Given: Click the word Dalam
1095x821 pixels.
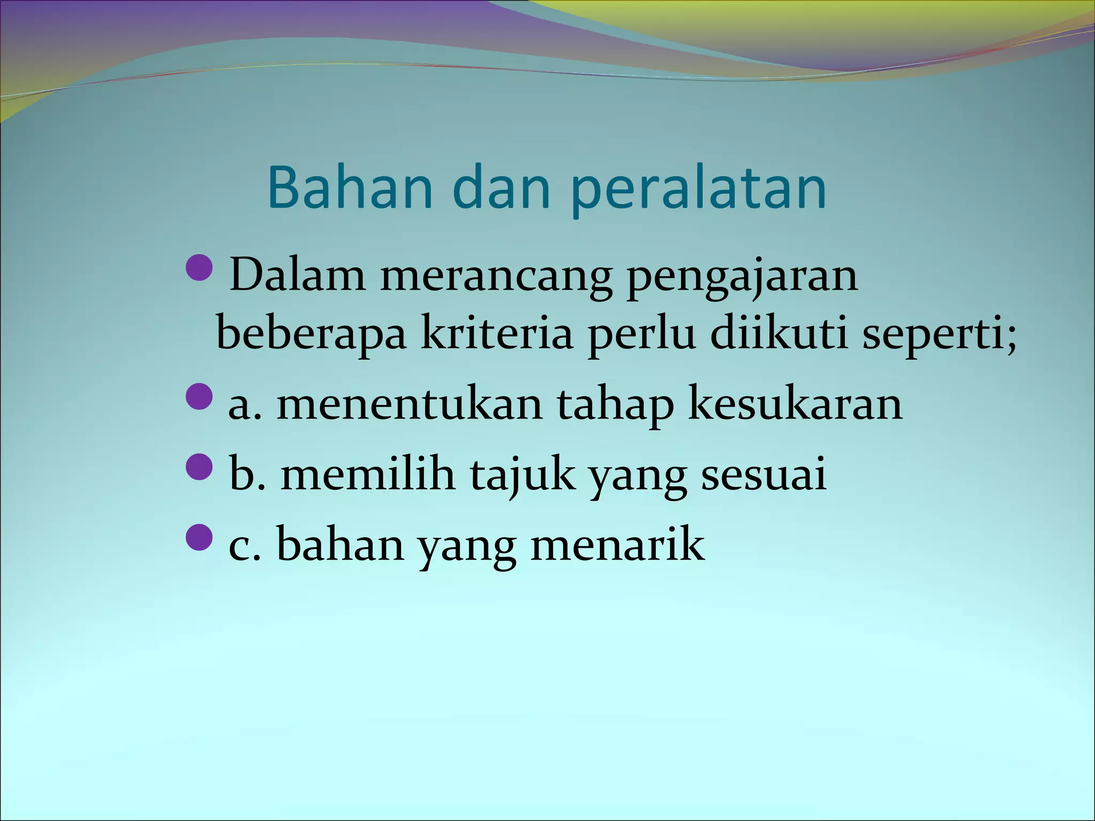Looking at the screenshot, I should [x=297, y=275].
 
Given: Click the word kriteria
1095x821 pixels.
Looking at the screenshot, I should [x=497, y=334].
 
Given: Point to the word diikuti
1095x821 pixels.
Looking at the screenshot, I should [x=779, y=334].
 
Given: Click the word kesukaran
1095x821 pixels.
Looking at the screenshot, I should [x=796, y=404].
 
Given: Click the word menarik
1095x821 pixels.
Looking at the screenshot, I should [x=618, y=545].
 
